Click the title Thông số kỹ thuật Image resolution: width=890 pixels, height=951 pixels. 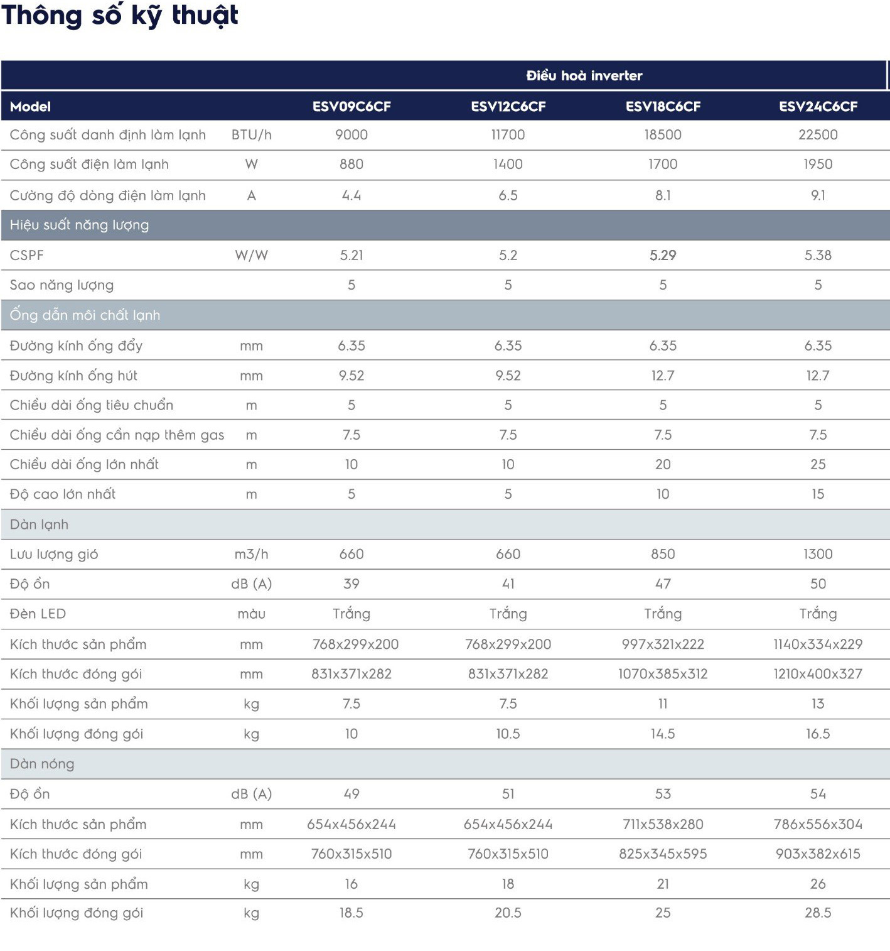120,16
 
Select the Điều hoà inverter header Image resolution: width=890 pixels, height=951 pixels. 584,75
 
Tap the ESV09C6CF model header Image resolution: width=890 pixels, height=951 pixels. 351,106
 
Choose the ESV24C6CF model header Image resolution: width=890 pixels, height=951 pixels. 818,106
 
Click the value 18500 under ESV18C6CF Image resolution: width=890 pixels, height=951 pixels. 663,134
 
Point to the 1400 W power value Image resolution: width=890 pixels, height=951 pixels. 508,164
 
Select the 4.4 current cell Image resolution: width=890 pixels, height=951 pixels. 351,195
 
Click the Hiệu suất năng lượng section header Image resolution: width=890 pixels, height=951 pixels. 80,225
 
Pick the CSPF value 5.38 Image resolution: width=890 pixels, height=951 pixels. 818,255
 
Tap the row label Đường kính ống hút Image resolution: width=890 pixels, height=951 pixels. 73,376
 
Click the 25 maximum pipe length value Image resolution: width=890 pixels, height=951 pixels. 818,464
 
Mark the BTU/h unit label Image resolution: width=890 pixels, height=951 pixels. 252,135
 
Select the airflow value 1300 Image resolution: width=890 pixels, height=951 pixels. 818,555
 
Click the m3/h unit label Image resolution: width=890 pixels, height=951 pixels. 252,555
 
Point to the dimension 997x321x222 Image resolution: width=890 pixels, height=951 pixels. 663,644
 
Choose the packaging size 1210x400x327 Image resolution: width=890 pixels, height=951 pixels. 818,674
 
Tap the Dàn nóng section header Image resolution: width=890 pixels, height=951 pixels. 42,764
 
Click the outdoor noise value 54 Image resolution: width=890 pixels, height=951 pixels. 818,794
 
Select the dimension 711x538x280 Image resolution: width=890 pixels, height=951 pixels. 663,824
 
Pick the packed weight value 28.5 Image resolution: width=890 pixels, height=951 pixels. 818,913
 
